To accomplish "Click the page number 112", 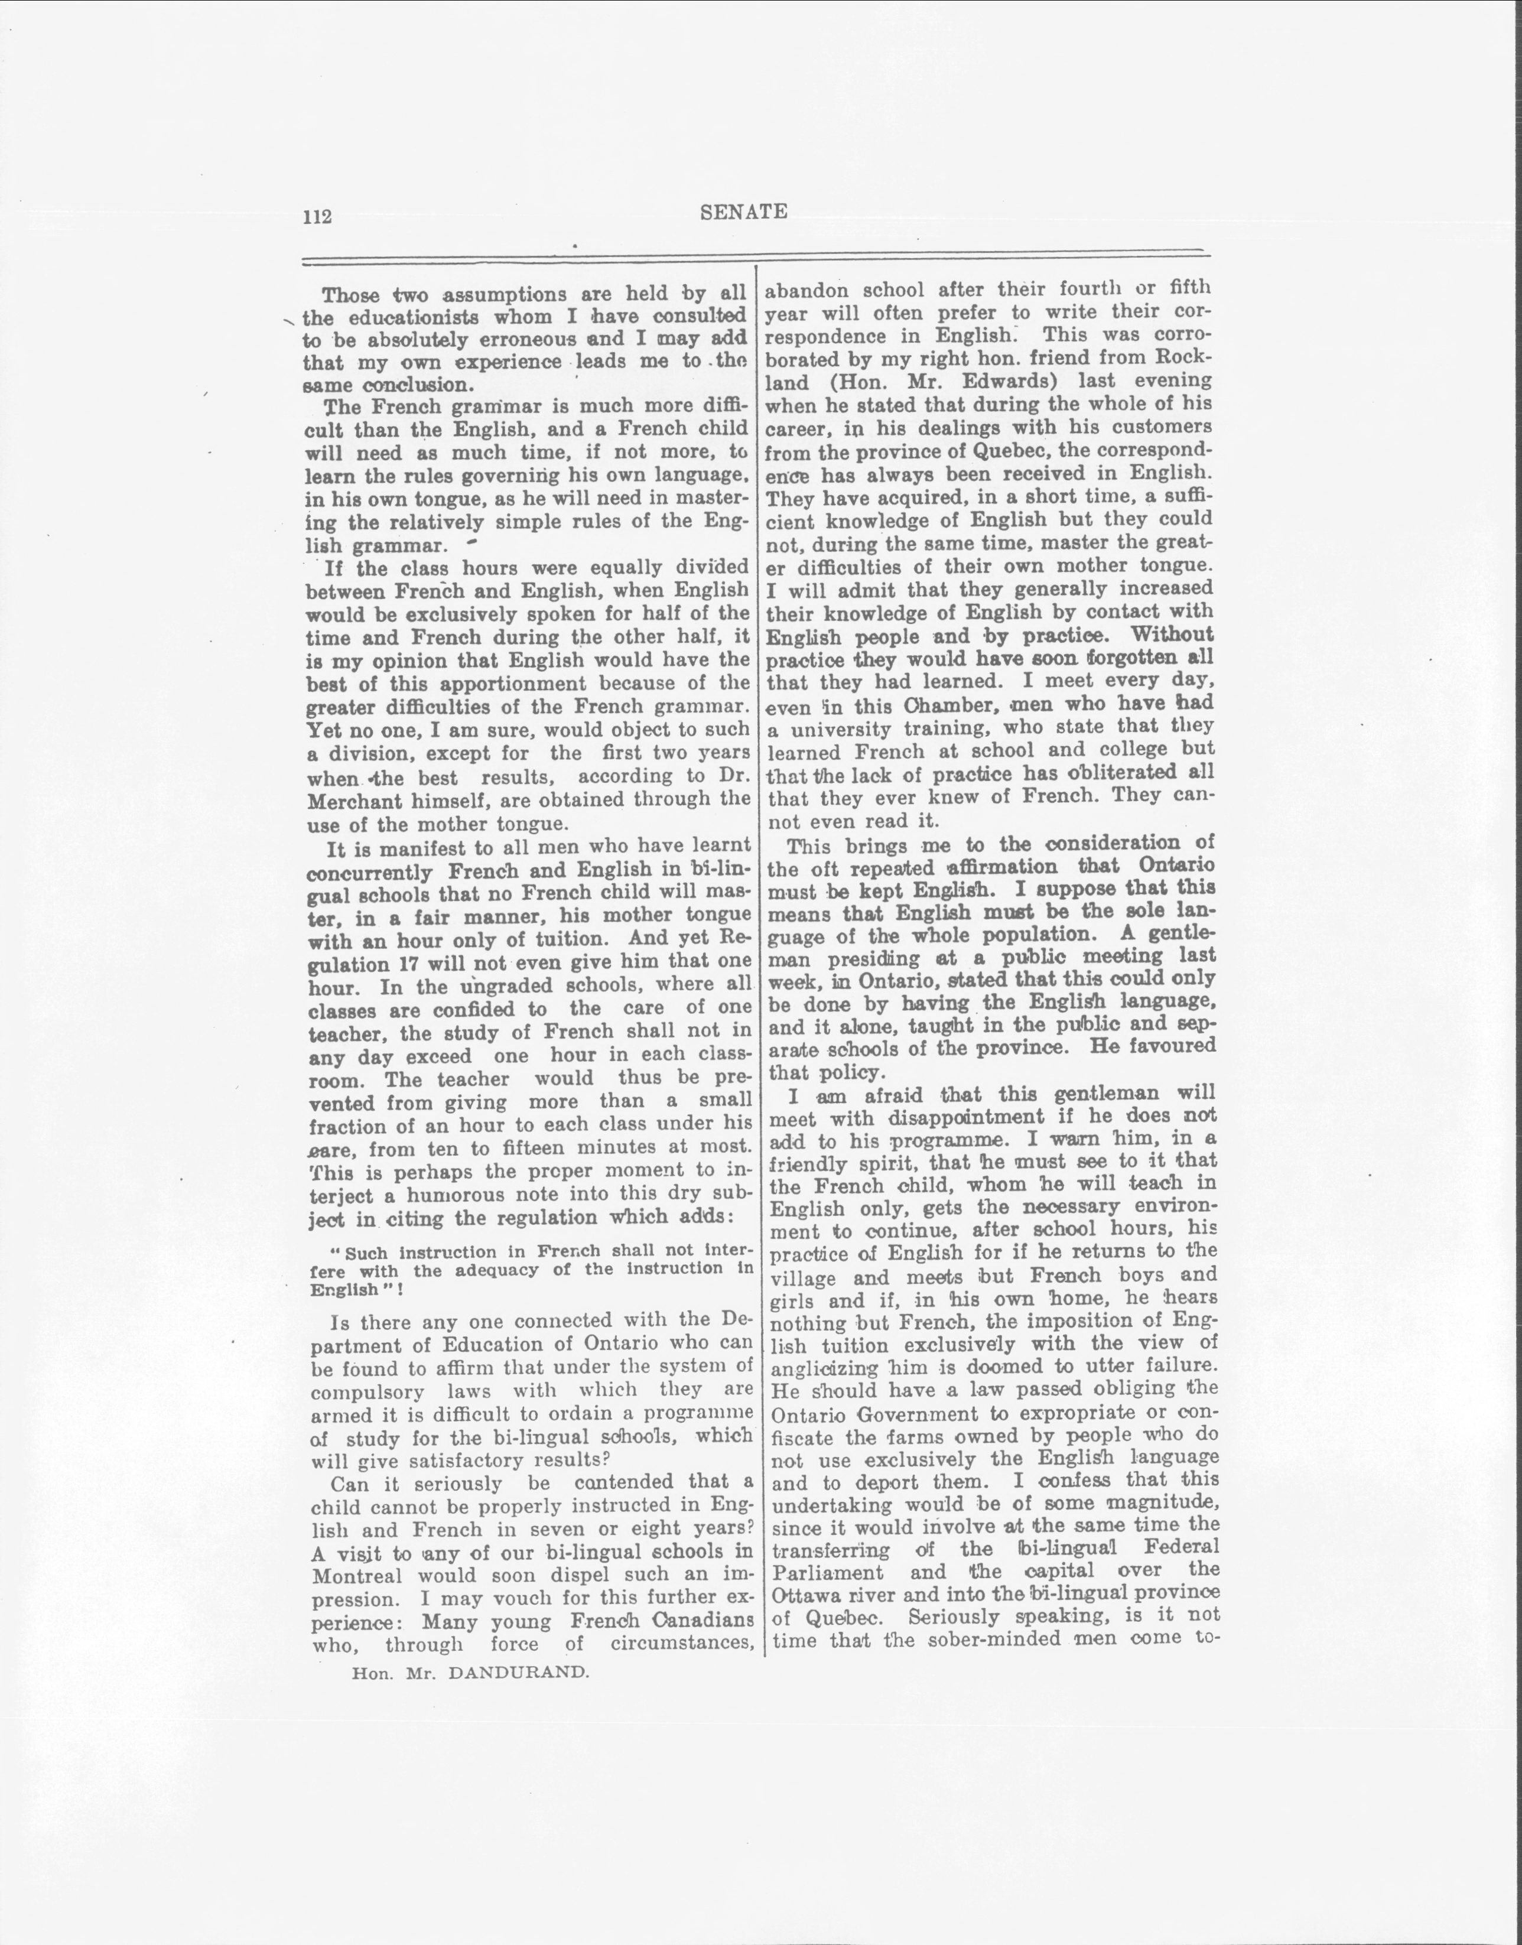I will (317, 216).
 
